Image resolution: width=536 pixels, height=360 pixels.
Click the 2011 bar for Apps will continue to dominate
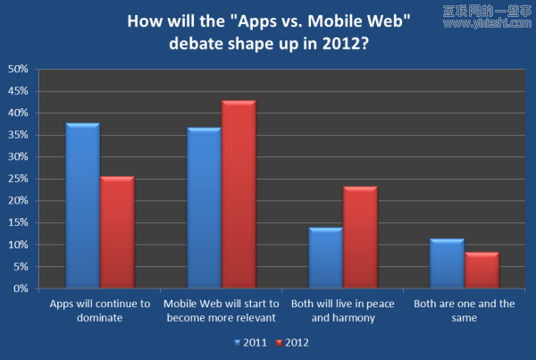[x=82, y=206]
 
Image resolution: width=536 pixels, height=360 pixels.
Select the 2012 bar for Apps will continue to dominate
[x=117, y=233]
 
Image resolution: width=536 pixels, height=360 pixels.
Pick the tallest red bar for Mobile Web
[x=239, y=196]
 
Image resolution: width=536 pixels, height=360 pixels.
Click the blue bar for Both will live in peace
[x=325, y=258]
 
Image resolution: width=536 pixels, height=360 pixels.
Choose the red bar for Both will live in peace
[x=360, y=238]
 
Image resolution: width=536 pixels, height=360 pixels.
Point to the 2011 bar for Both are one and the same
[x=447, y=264]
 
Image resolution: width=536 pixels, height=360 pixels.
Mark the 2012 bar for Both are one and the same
[x=482, y=271]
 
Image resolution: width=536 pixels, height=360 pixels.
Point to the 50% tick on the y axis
[x=18, y=69]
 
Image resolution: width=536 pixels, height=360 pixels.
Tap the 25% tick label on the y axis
[x=18, y=179]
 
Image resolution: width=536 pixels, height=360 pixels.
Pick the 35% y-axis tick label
[x=18, y=135]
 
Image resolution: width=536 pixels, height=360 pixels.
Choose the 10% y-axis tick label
[x=18, y=245]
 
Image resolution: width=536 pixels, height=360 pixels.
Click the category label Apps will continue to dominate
[x=99, y=310]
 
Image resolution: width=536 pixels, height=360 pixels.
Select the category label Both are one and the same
[x=464, y=310]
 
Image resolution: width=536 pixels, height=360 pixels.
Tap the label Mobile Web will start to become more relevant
[x=221, y=310]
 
